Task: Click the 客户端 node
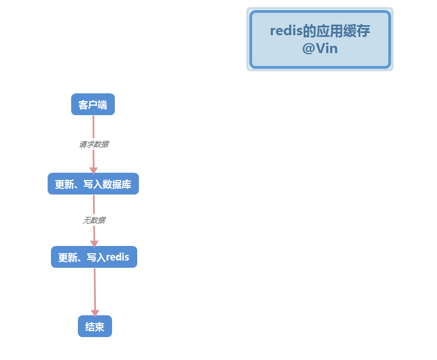(93, 105)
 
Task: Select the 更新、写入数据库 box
(93, 184)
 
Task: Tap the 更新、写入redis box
(94, 257)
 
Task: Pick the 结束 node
(95, 326)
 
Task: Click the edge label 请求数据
(94, 144)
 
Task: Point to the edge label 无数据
(94, 220)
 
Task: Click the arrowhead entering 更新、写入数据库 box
(94, 169)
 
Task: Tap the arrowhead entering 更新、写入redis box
(94, 243)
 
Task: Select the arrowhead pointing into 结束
(95, 312)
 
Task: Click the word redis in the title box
(286, 31)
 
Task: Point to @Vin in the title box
(320, 49)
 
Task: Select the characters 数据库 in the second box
(118, 184)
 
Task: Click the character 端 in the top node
(103, 105)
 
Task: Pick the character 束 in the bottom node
(100, 327)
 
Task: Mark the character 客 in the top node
(83, 105)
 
